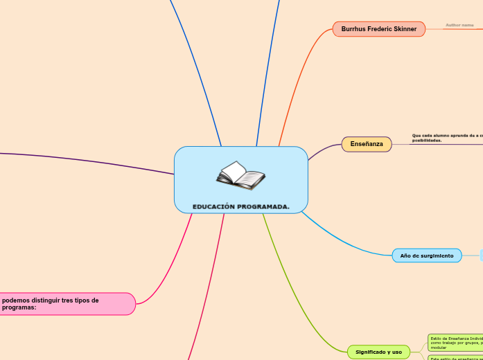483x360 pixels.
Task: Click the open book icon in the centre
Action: click(x=240, y=175)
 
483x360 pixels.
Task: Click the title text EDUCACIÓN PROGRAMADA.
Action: click(x=241, y=206)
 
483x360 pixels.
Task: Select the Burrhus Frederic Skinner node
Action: click(x=378, y=29)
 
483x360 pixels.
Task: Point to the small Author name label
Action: click(x=459, y=25)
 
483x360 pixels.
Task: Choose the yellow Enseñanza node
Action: click(x=367, y=144)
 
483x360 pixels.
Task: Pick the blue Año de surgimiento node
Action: click(x=426, y=255)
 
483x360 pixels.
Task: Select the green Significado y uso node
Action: click(x=378, y=352)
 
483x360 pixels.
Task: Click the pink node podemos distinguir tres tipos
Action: click(x=67, y=304)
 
